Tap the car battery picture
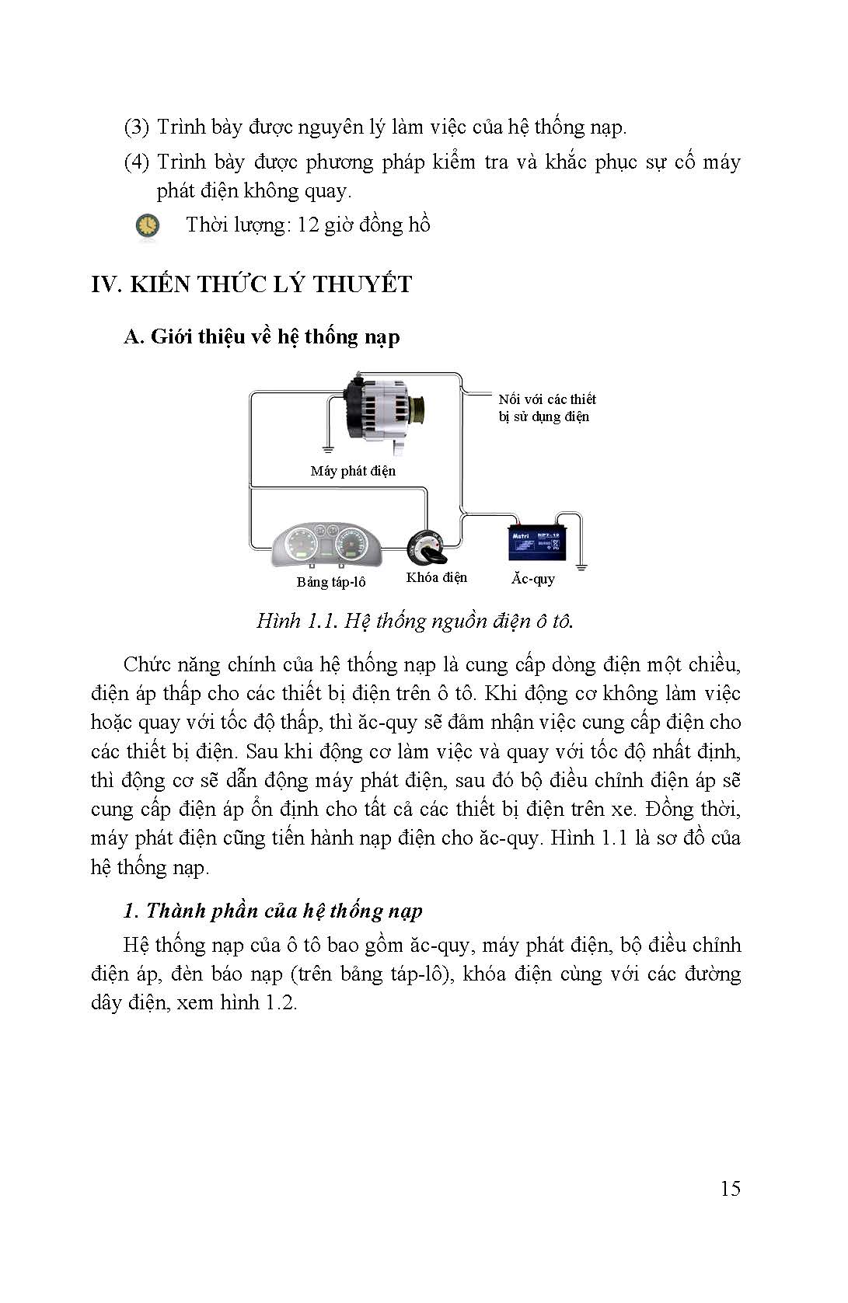536,542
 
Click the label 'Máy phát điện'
353,471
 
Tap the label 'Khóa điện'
436,577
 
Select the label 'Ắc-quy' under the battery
533,579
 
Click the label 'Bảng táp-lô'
331,582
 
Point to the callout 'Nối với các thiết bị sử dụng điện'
546,408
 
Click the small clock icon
147,225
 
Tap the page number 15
730,1188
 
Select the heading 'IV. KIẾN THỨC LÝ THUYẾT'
251,284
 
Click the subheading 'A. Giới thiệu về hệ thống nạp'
262,336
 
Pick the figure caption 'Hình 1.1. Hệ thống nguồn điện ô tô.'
415,621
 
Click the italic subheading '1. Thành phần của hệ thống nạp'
273,911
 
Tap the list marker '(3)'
136,127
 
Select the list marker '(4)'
136,162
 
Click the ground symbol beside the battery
581,567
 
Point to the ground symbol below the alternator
328,449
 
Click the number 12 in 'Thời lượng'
308,225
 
